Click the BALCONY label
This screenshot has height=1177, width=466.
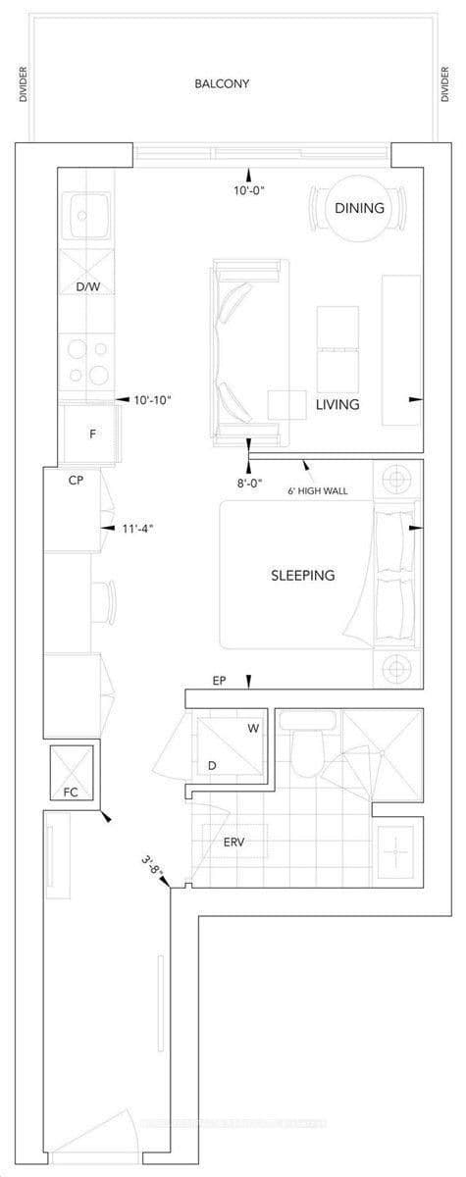221,84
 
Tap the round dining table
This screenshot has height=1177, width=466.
358,209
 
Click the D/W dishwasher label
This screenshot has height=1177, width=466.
88,287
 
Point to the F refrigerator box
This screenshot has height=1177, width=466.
91,433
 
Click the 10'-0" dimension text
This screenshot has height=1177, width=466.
249,191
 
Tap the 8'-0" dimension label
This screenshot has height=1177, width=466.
248,482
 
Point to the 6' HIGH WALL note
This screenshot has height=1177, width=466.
317,490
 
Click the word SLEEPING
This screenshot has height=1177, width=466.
302,576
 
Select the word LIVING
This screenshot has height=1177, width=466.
337,404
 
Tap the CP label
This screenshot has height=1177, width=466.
75,481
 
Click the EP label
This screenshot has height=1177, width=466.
220,680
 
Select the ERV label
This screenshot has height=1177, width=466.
234,843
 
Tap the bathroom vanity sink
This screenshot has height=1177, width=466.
397,852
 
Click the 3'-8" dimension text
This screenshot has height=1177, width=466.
151,864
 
